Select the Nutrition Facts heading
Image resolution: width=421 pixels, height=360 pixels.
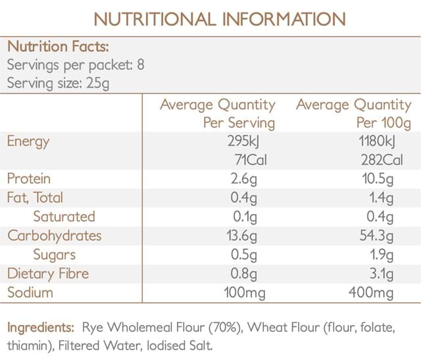58,47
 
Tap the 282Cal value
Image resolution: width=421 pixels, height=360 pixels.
387,160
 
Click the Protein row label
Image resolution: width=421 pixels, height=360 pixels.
29,179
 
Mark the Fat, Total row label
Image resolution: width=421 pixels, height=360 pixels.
35,197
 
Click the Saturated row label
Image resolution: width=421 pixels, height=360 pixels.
64,217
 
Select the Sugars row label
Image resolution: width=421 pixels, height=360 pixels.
54,255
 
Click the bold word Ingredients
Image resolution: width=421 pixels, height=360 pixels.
40,327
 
